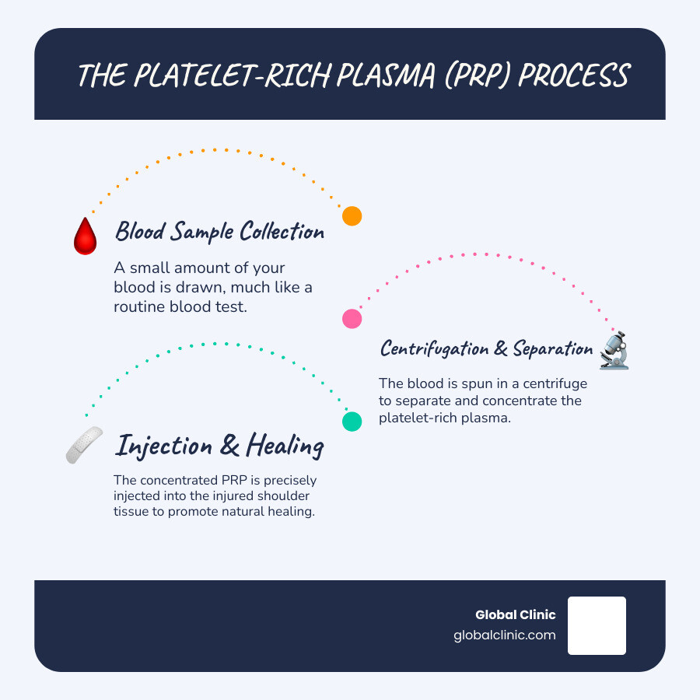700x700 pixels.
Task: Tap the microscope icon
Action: (614, 351)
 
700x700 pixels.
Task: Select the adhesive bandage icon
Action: (84, 446)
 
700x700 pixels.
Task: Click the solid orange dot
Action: (352, 216)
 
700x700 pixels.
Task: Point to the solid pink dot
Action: (352, 318)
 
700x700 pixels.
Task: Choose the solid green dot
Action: (352, 421)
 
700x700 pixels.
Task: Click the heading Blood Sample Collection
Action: (219, 231)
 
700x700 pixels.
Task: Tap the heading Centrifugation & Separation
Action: (486, 348)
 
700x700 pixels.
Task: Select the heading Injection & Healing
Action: (219, 446)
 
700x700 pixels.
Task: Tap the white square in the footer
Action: (597, 625)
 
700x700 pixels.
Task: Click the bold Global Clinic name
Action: (516, 615)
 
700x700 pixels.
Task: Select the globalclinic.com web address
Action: (505, 635)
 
